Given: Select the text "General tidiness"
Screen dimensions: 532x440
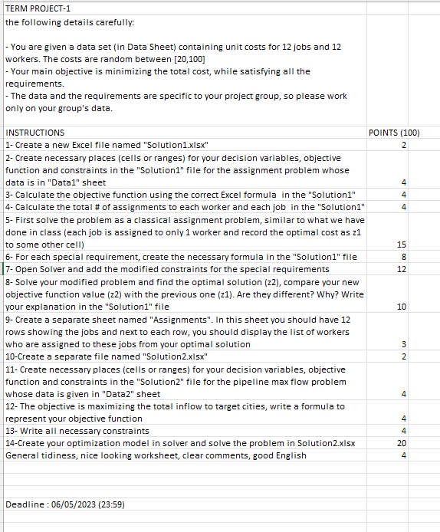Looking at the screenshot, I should click(x=37, y=455).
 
